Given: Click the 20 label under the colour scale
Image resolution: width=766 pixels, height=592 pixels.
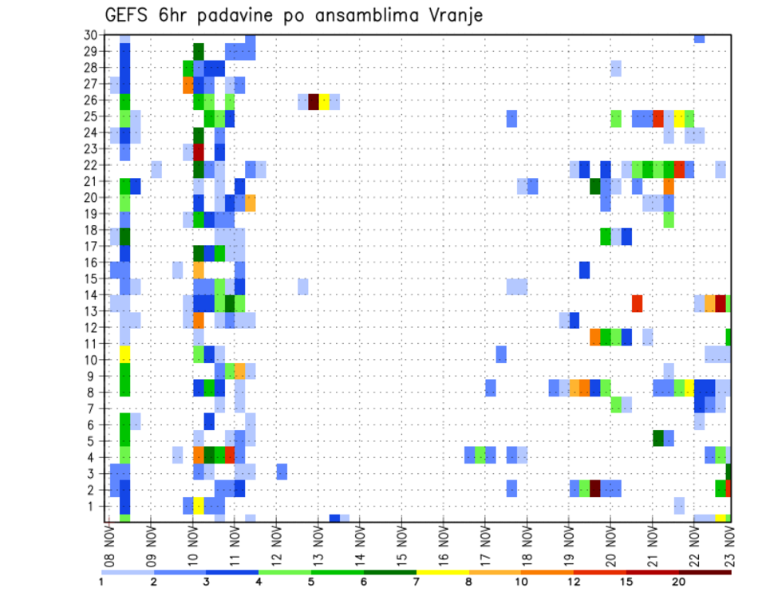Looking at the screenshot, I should coord(678,582).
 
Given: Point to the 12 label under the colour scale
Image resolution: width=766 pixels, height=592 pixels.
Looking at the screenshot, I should coord(574,582).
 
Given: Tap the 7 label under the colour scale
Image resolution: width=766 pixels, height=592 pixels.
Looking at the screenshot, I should coord(417,582).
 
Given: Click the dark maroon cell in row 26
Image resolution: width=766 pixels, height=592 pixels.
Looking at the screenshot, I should coord(314,101).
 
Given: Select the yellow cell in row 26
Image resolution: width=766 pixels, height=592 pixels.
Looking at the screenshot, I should coord(324,101).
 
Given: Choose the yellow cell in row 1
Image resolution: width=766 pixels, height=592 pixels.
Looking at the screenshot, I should coord(199,505).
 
